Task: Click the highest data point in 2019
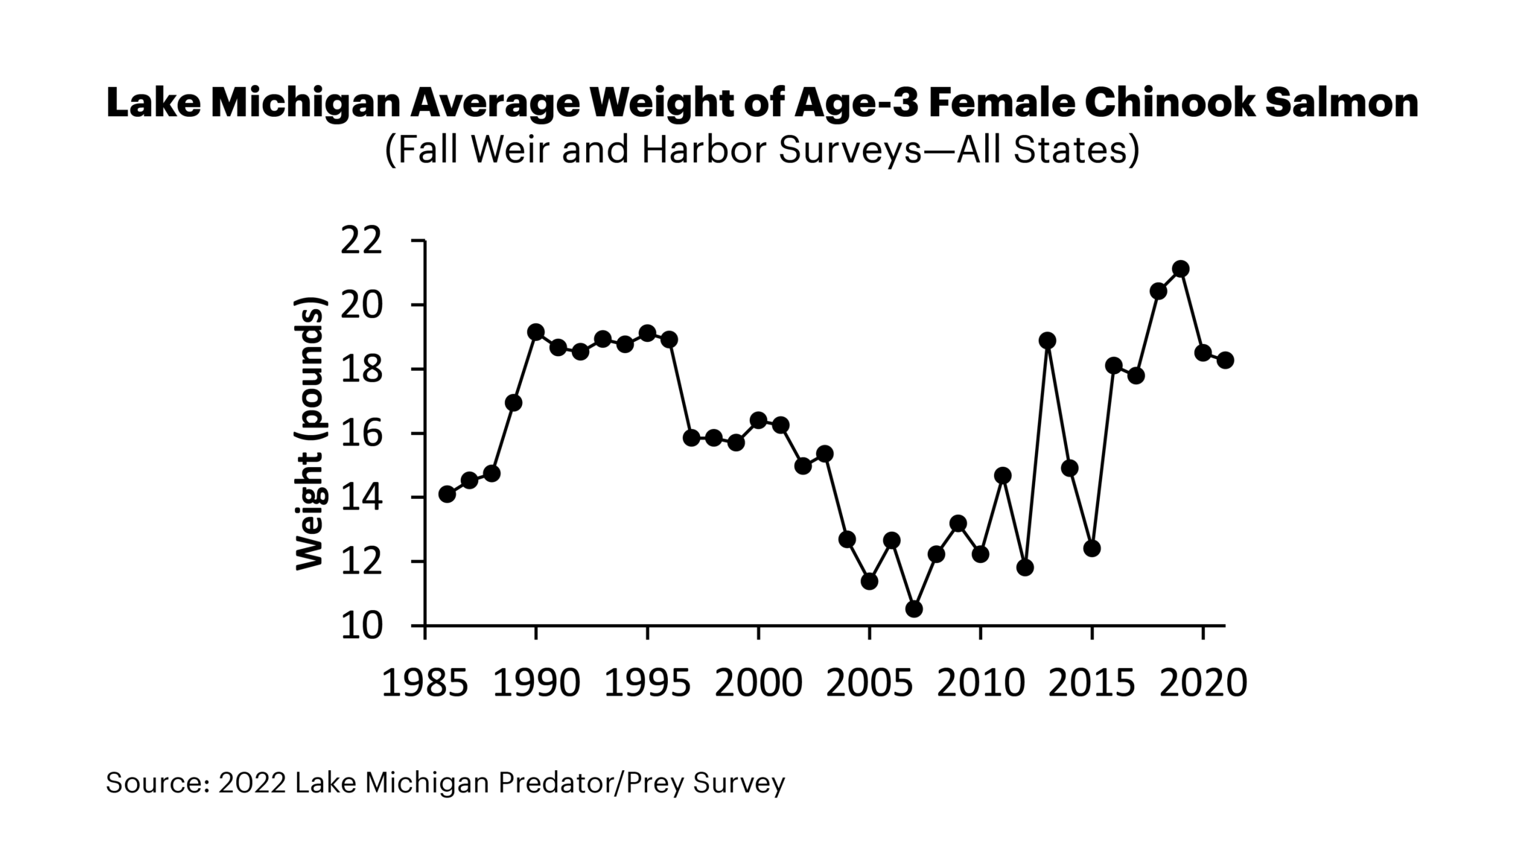(x=1180, y=269)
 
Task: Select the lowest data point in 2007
(x=914, y=609)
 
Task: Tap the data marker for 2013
(x=1047, y=340)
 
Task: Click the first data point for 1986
(x=447, y=495)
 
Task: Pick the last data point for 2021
(x=1225, y=360)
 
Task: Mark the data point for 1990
(x=535, y=331)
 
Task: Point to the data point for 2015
(x=1092, y=549)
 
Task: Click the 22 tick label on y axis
(x=361, y=241)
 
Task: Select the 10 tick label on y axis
(x=361, y=626)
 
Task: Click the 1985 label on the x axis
(x=424, y=682)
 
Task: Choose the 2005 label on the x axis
(x=869, y=682)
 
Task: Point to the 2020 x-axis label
(x=1203, y=682)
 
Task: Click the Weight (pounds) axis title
(x=310, y=433)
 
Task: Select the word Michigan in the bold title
(x=305, y=104)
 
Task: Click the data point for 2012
(x=1025, y=568)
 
